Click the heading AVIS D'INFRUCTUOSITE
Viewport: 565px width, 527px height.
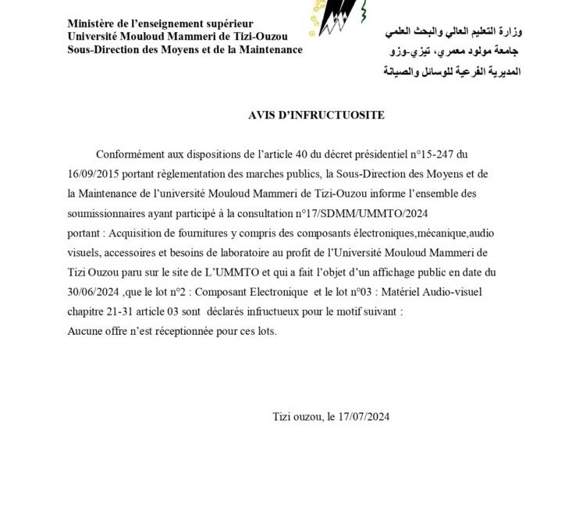click(316, 115)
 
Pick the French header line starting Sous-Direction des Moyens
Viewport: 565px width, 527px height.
click(185, 50)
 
